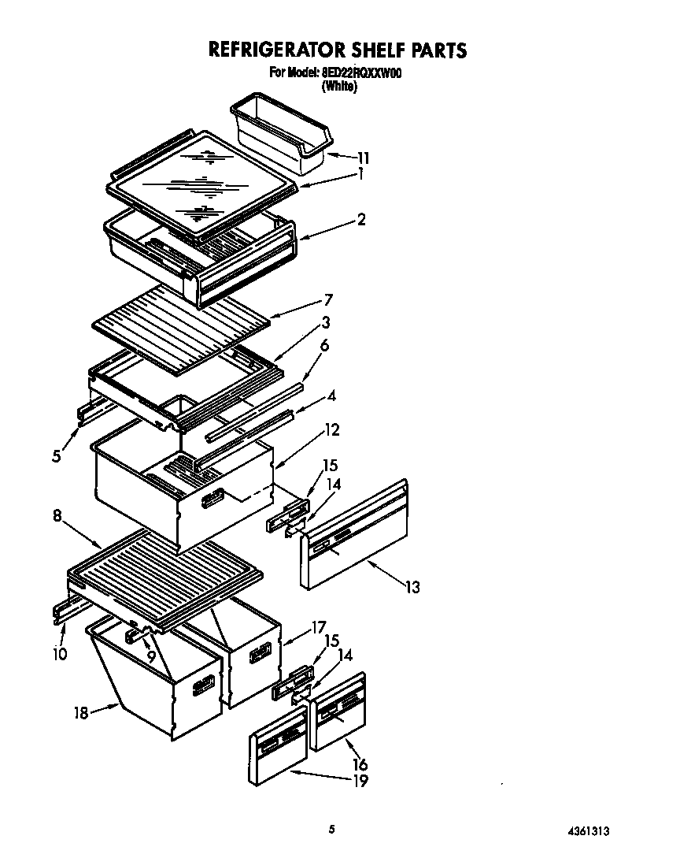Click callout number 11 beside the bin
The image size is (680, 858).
tap(363, 158)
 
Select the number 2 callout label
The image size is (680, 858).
tap(361, 220)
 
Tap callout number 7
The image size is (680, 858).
tap(328, 299)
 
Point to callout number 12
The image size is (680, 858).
tap(332, 430)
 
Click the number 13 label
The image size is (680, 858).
tap(412, 587)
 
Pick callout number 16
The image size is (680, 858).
tap(360, 764)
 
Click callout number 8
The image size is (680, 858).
tap(57, 517)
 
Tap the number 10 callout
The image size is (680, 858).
tap(60, 653)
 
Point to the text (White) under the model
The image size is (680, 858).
tap(339, 87)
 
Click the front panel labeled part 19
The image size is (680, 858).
tap(277, 748)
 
